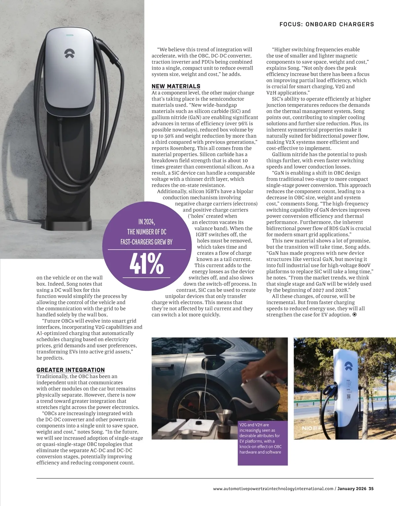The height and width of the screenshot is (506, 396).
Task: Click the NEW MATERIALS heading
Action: [176, 86]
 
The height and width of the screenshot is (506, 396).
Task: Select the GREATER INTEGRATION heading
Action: [71, 370]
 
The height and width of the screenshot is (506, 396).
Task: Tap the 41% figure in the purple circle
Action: [147, 264]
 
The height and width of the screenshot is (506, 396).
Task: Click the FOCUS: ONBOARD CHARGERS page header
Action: [327, 24]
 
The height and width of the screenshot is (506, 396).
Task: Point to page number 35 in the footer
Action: [371, 489]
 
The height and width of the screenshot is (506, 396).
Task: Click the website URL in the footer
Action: [273, 489]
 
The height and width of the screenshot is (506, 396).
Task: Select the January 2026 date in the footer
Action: [352, 489]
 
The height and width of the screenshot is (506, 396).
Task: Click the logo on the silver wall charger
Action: [69, 54]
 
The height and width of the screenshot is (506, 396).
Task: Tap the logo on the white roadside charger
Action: [348, 366]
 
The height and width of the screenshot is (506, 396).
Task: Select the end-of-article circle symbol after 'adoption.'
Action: [355, 315]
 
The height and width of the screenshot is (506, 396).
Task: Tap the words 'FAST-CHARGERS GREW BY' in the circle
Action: [147, 242]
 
